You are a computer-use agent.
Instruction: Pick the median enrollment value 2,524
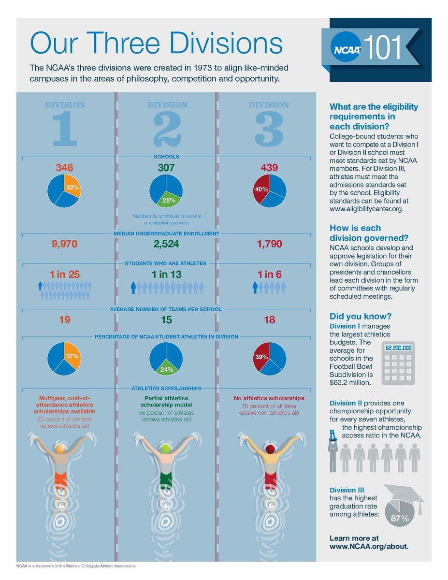point(166,245)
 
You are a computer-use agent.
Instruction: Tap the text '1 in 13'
point(166,275)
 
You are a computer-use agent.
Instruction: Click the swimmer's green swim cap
point(166,449)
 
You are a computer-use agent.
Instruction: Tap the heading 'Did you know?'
point(360,317)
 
